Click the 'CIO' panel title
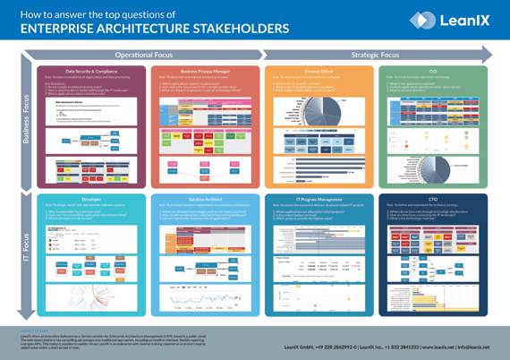(433, 70)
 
